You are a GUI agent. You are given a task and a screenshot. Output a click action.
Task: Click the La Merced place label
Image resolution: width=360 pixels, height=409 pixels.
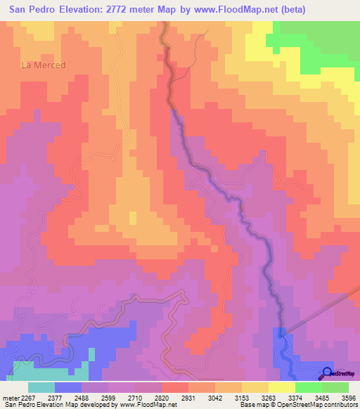pyautogui.click(x=44, y=65)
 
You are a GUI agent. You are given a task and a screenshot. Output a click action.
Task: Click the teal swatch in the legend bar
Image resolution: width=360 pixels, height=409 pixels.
pyautogui.click(x=41, y=387)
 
